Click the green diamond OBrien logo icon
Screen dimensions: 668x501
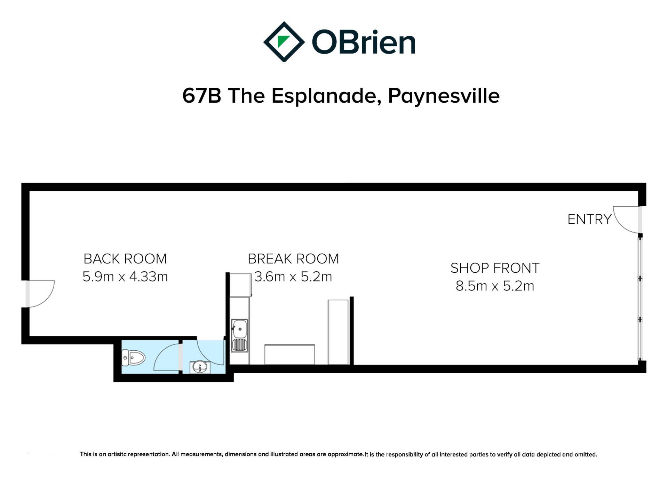[x=284, y=42]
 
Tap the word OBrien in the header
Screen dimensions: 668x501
[x=364, y=42]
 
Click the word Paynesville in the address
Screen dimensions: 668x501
[x=444, y=96]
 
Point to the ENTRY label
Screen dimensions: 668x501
[x=589, y=219]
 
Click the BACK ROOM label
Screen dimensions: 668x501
[x=125, y=259]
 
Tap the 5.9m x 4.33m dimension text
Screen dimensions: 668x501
[x=125, y=277]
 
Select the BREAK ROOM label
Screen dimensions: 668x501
[x=293, y=259]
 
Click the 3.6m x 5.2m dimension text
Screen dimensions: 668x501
[x=293, y=277]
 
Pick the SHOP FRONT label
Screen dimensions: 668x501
[x=495, y=268]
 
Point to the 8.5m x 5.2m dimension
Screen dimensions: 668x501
[x=495, y=286]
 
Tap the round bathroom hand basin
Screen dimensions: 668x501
[x=200, y=367]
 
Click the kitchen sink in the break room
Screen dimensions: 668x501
[x=240, y=336]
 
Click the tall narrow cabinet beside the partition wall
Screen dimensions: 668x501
[x=338, y=332]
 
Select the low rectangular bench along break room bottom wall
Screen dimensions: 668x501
[x=289, y=355]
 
